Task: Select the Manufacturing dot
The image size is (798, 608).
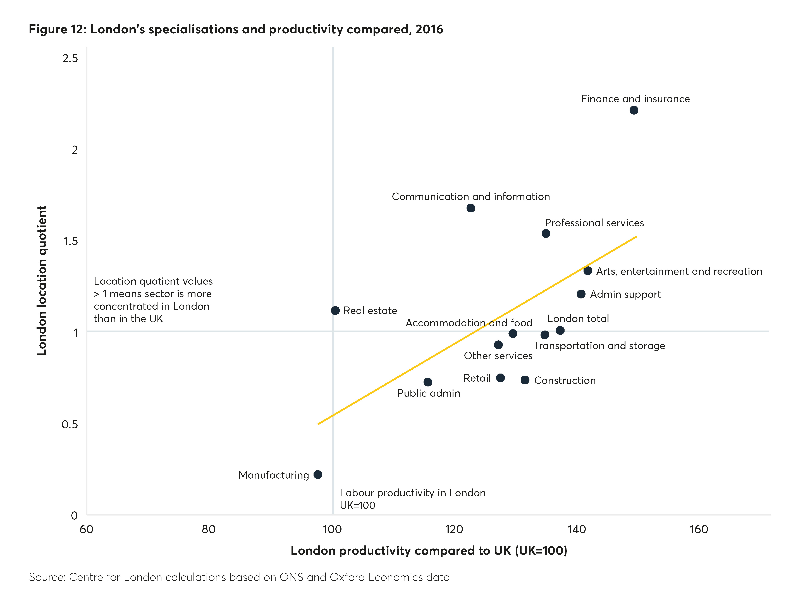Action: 318,474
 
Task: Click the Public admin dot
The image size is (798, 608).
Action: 428,382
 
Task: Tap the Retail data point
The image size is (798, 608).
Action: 500,378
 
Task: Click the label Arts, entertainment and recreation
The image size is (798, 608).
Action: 679,271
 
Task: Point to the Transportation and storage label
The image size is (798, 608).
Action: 599,346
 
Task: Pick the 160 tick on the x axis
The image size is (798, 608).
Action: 699,529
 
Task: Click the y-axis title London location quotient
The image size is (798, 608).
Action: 42,281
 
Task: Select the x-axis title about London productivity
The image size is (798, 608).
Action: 429,550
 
